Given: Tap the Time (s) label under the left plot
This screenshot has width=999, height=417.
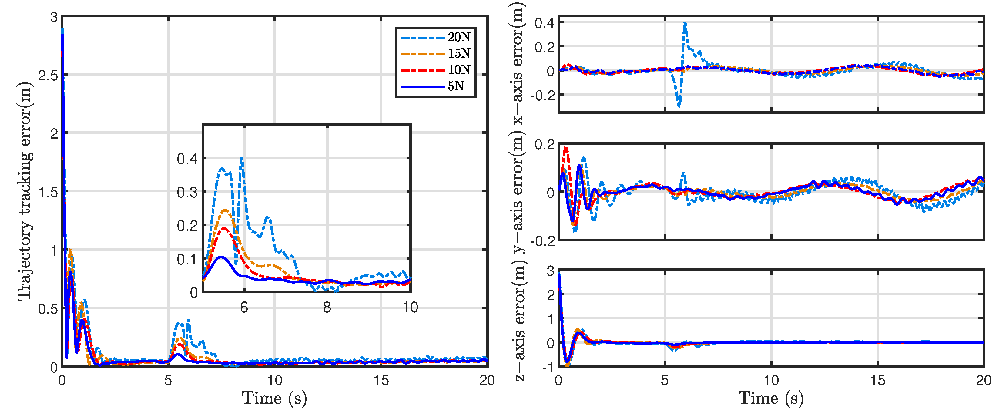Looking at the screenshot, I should tap(274, 399).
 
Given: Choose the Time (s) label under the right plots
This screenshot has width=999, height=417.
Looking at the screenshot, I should tap(771, 399).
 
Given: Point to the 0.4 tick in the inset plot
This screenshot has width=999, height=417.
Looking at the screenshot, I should tap(187, 159).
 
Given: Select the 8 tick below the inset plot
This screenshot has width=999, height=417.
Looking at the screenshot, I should tap(327, 308).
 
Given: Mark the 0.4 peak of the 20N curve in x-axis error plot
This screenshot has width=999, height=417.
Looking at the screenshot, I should tap(685, 22).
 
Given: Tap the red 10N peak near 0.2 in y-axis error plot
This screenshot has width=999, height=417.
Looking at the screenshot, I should tap(566, 148).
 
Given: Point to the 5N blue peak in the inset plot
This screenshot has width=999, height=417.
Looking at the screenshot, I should tap(221, 257).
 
